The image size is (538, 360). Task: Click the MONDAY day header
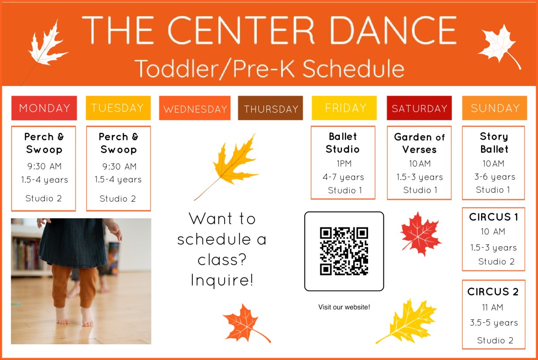(44, 108)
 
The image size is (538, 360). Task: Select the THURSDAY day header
(270, 108)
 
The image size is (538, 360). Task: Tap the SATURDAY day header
(419, 108)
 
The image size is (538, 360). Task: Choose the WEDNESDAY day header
(195, 108)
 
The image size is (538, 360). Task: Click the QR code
(344, 251)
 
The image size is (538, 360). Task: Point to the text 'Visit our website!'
(344, 307)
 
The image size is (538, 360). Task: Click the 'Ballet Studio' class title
(343, 143)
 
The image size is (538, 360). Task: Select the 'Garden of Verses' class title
(419, 143)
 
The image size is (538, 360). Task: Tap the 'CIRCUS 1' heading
(494, 217)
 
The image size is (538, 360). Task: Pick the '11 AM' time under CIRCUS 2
(493, 308)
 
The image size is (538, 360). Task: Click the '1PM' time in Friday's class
(343, 163)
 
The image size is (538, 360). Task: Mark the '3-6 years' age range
(495, 177)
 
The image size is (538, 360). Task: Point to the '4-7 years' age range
(343, 177)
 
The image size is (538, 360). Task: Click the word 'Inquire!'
(222, 280)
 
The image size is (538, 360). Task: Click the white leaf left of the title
(46, 45)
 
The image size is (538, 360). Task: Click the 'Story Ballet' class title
(494, 143)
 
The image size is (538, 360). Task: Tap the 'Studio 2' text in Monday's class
(43, 198)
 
